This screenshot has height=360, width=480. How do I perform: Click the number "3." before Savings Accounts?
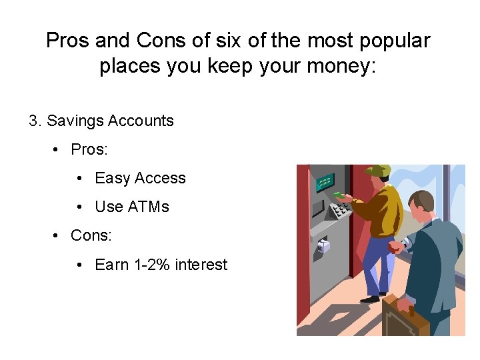coord(35,121)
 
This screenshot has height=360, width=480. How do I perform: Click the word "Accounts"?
coord(141,121)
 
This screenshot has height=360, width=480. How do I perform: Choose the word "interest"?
coord(201,265)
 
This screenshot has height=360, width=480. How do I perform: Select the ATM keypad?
coord(341,211)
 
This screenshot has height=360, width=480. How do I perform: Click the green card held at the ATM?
coord(338,195)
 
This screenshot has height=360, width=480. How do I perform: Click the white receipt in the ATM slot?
coord(323,245)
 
